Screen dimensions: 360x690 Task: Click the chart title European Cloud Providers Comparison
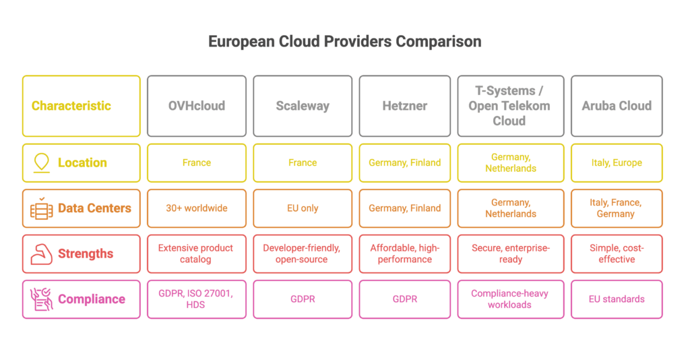coord(344,42)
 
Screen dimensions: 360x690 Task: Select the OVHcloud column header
coord(196,106)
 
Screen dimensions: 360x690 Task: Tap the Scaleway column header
coord(303,106)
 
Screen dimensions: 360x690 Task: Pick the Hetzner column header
coord(405,106)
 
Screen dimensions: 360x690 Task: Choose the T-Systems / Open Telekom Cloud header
coord(510,106)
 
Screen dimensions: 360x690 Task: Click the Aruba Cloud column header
coord(617,106)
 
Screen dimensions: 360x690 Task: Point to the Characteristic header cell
coord(82,106)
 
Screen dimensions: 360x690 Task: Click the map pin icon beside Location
coord(42,163)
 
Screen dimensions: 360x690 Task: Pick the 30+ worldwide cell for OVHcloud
coord(196,208)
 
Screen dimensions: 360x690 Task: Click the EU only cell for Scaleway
coord(303,208)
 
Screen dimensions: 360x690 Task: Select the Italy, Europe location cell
coord(617,163)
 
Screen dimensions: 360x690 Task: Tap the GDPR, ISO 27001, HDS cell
coord(196,299)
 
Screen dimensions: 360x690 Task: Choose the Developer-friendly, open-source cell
coord(303,254)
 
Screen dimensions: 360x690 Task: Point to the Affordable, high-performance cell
coord(405,254)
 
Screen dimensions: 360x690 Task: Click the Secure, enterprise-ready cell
coord(510,254)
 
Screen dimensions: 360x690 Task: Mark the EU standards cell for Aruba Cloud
coord(617,299)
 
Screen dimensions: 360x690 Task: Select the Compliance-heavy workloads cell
coord(510,299)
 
